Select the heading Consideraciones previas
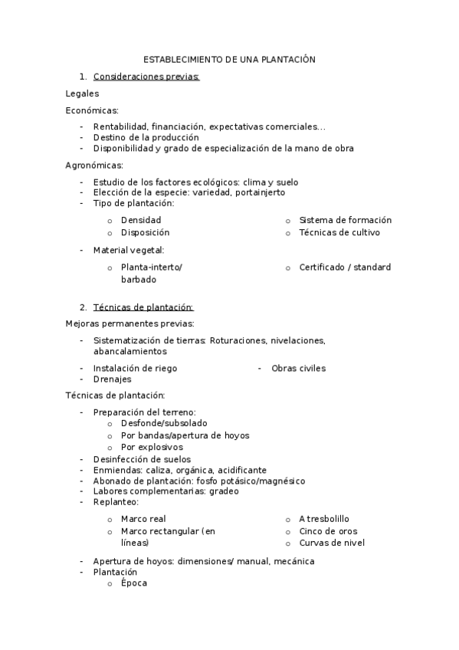[146, 77]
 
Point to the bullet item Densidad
[141, 221]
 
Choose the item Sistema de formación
[345, 221]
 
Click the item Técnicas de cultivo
[339, 232]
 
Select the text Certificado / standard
[345, 268]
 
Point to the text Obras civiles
[298, 369]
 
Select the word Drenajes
[112, 379]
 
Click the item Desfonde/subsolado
[164, 423]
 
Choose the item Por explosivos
[152, 447]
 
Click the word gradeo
[224, 491]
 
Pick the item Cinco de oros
[328, 531]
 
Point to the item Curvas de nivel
[332, 543]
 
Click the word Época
[133, 583]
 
